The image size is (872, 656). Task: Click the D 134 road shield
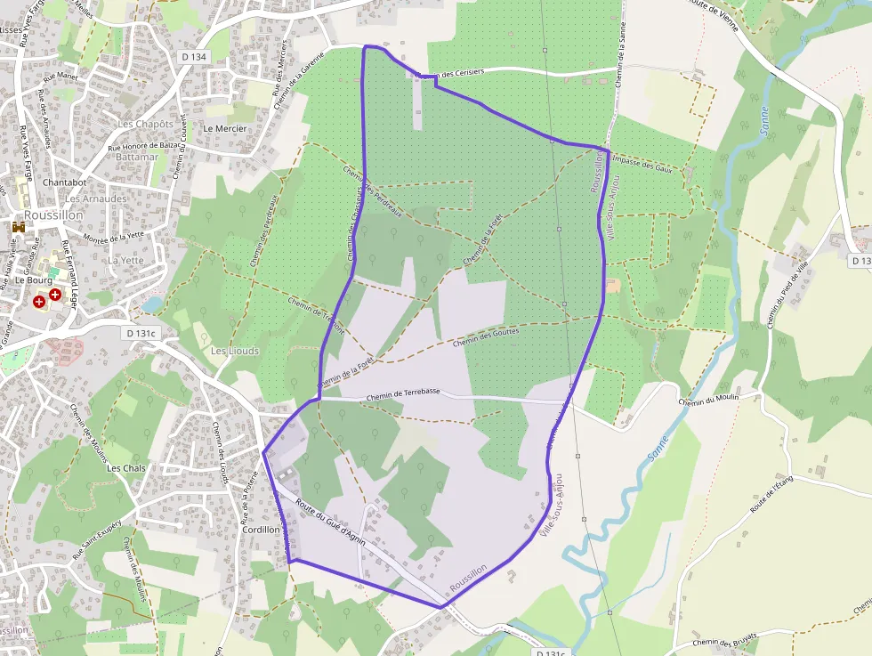tap(193, 57)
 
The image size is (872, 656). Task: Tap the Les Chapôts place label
tap(145, 124)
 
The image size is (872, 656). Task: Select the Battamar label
tap(137, 157)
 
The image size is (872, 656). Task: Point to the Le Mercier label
tap(225, 128)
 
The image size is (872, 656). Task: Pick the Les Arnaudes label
tap(96, 198)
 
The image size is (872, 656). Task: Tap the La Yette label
tap(125, 260)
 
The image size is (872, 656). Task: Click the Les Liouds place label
tap(235, 351)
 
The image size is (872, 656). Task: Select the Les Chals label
tap(125, 467)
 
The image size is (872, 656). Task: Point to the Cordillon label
tap(261, 529)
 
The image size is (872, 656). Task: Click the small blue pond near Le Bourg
tap(152, 304)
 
